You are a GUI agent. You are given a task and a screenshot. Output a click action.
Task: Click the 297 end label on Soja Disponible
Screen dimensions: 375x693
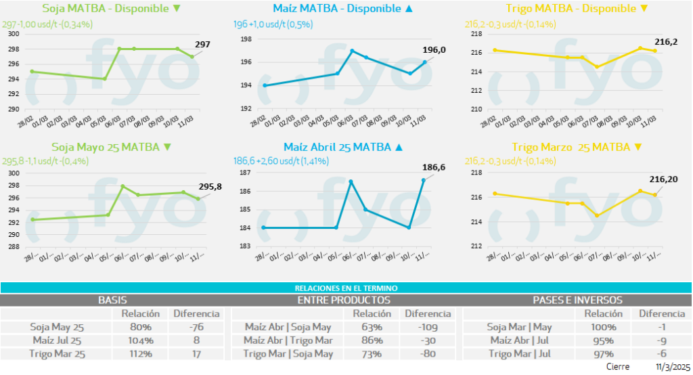click(202, 45)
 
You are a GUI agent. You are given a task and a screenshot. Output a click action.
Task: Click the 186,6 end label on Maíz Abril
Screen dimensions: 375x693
click(434, 167)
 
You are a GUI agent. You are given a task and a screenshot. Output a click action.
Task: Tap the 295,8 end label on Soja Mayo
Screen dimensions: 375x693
click(210, 187)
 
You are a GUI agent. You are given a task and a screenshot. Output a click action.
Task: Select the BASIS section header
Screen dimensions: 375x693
click(112, 300)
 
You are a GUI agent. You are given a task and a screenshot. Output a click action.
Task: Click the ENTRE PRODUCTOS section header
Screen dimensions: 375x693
click(344, 300)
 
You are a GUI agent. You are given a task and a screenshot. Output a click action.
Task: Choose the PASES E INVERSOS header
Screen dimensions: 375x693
click(577, 300)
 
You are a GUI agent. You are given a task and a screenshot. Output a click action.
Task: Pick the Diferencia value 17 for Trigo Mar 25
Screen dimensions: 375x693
click(197, 353)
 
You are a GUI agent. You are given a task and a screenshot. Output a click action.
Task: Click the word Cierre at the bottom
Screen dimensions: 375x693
click(619, 367)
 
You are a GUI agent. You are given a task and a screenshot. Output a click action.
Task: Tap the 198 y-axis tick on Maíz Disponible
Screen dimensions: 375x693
click(246, 39)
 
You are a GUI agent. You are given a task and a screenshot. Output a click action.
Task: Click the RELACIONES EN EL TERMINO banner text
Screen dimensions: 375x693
click(345, 288)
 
